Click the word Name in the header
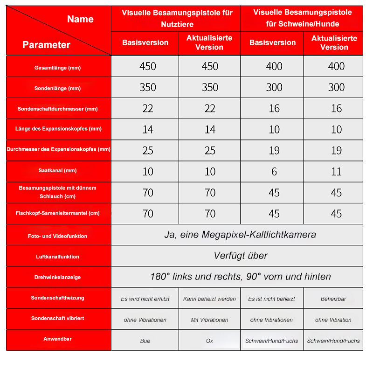pos(80,19)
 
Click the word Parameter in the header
pos(46,45)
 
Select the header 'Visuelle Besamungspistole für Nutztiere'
pos(177,18)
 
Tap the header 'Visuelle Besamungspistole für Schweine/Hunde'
pos(302,18)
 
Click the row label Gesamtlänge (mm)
pos(57,68)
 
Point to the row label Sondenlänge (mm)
pos(57,88)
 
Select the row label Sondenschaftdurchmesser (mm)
pos(57,109)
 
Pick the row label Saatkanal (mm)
pos(57,171)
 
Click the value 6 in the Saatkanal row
pos(274,172)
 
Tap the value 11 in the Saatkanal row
pos(336,172)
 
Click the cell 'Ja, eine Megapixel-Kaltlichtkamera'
pos(240,235)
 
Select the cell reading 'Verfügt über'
pos(240,256)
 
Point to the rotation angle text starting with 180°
pos(240,277)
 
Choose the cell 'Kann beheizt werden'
pos(209,299)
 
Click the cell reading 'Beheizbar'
pos(333,299)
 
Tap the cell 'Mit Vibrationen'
pos(209,320)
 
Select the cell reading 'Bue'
pos(145,341)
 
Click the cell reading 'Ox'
pos(209,341)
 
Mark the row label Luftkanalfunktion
pos(57,257)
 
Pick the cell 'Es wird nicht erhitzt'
pos(145,299)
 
